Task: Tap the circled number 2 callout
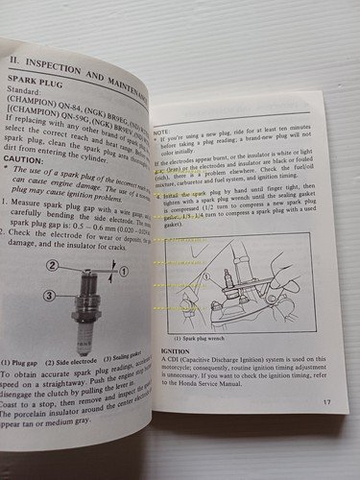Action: pos(54,265)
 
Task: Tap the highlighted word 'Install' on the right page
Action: pos(173,195)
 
